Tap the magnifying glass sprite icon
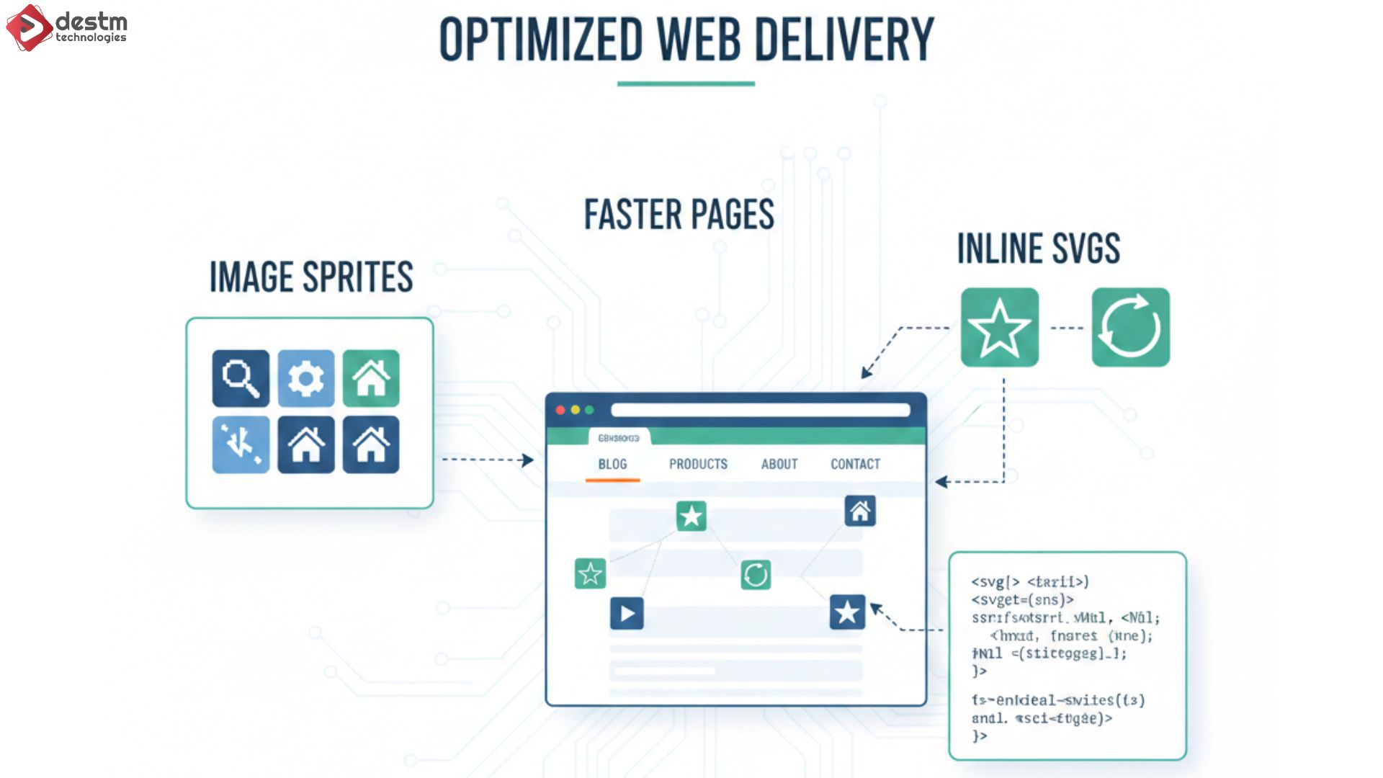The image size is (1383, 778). (x=241, y=378)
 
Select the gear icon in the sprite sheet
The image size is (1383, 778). (x=306, y=378)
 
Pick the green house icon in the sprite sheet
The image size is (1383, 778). (x=371, y=378)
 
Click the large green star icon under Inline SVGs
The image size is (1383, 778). (x=1000, y=328)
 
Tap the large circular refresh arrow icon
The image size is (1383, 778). (x=1130, y=328)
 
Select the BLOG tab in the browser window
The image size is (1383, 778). (x=612, y=465)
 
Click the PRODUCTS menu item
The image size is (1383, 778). (x=698, y=465)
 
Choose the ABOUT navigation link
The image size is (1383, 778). (x=779, y=465)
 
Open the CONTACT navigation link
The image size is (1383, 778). (x=855, y=465)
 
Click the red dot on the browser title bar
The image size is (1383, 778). (x=560, y=410)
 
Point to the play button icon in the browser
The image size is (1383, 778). (x=627, y=614)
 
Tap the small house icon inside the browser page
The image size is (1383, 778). (x=860, y=511)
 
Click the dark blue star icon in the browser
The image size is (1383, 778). (x=847, y=612)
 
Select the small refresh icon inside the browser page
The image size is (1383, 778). (x=756, y=575)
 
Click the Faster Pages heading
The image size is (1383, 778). (x=679, y=215)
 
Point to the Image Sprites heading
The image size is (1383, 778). (x=311, y=277)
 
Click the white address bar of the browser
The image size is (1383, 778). (x=760, y=410)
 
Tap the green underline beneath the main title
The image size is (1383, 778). (x=686, y=84)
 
